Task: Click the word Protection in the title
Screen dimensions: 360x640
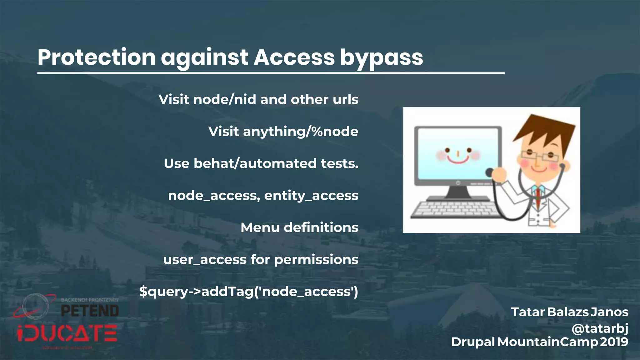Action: tap(97, 57)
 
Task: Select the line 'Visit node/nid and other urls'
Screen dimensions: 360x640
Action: tap(258, 99)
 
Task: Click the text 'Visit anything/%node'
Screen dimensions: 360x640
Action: tap(283, 131)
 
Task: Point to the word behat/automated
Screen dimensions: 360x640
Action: tap(255, 163)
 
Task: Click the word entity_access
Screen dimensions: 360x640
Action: tap(311, 196)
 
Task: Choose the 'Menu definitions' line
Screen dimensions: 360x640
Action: tap(299, 227)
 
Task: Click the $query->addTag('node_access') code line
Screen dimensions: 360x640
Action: tap(248, 292)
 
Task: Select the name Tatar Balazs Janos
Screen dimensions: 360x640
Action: tap(569, 312)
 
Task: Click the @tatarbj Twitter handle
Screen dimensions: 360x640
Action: tap(600, 328)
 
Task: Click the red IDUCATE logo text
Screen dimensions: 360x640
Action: tap(67, 333)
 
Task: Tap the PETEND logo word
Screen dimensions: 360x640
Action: tap(90, 311)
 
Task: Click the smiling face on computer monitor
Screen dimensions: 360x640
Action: tap(458, 155)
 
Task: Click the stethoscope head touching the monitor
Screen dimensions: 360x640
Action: tap(489, 172)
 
